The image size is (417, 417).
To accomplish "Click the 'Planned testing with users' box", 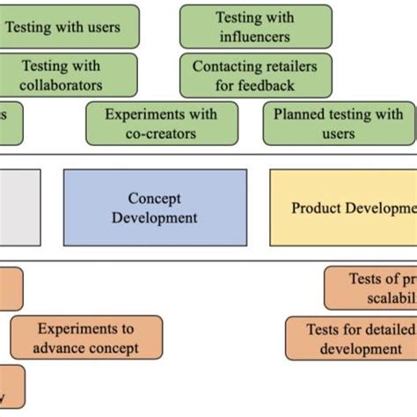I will click(338, 123).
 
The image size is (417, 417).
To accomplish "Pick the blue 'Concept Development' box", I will click(155, 208).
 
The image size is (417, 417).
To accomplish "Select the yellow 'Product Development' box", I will click(343, 208).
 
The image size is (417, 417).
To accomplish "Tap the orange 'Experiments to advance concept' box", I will click(86, 338).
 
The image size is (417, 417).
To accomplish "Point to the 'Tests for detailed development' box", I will click(351, 339).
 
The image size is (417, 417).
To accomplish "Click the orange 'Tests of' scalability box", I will click(370, 289).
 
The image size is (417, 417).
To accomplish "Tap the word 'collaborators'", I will click(62, 85).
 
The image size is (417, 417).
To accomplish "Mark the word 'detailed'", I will click(386, 329).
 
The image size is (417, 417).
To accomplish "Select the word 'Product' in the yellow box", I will click(316, 208).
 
